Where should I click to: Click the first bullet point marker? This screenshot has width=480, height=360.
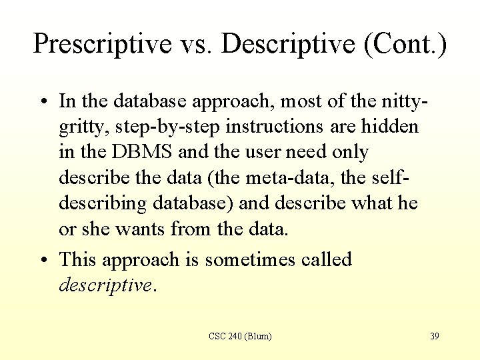tap(42, 102)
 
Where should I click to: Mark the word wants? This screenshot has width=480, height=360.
tap(139, 229)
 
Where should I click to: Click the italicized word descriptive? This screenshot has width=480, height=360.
tap(105, 285)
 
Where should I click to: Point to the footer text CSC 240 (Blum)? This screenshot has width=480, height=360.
tap(240, 336)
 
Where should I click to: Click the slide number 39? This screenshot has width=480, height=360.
tap(434, 336)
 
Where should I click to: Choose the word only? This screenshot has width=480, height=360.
tap(347, 153)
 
